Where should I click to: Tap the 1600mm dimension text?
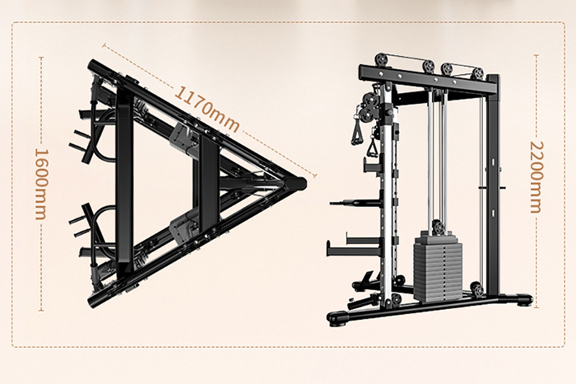click(41, 184)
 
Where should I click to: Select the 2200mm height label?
click(536, 177)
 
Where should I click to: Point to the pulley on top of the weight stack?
click(438, 228)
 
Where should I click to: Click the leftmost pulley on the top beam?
click(382, 61)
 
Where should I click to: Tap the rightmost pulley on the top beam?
click(477, 73)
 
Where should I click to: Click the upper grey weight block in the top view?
click(183, 137)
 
